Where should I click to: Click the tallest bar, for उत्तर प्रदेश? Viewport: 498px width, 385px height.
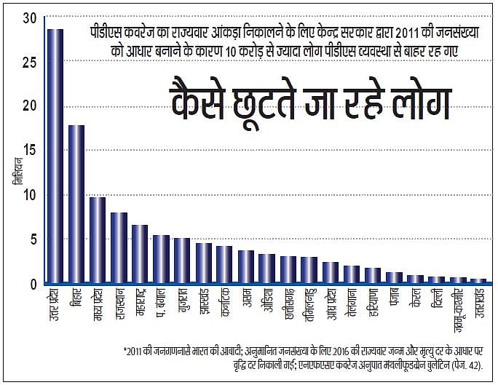tap(55, 156)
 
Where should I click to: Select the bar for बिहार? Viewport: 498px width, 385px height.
tap(76, 204)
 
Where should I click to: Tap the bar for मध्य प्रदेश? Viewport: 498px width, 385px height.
tap(98, 239)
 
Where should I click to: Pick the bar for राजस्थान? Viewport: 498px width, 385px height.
tap(119, 247)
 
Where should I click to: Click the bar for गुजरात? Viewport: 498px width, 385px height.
tap(182, 260)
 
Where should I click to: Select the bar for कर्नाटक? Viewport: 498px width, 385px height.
tap(224, 264)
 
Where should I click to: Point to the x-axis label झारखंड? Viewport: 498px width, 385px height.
tap(203, 306)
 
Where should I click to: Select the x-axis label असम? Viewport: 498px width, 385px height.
tap(246, 300)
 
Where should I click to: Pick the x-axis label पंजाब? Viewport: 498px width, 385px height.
tap(395, 301)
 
